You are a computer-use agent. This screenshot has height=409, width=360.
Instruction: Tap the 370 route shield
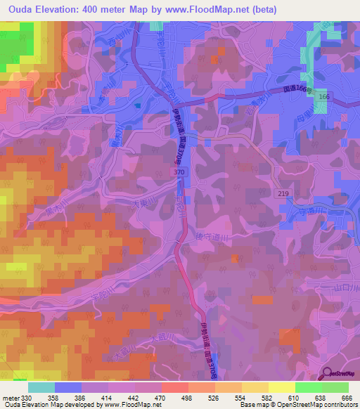[x=179, y=171]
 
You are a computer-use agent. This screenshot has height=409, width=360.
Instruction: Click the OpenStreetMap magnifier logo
[x=329, y=374]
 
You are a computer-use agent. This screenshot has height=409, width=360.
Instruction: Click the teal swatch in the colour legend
[x=41, y=387]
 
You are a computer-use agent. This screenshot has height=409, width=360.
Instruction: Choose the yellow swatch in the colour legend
[x=281, y=387]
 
